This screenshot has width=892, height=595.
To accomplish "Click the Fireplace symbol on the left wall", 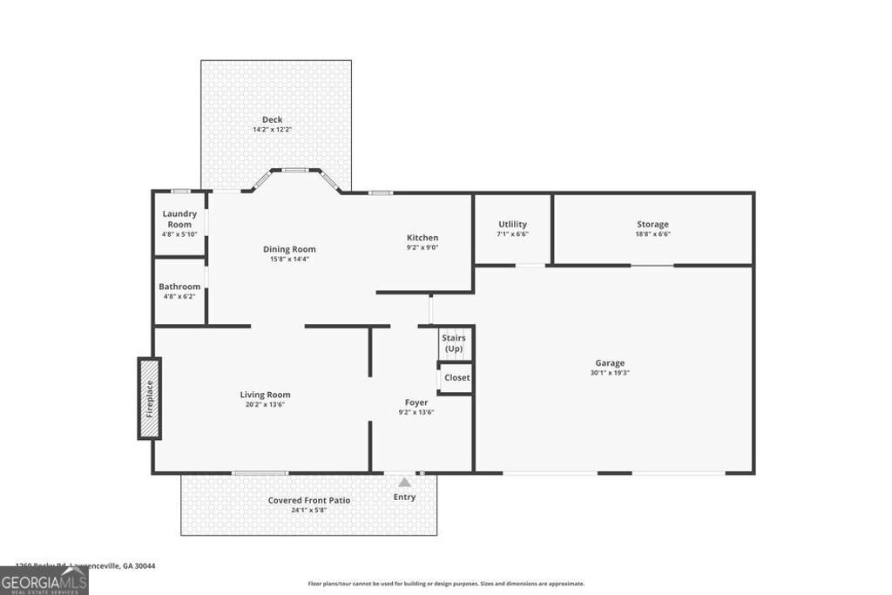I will (149, 398).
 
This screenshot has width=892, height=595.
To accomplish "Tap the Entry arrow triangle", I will (404, 482).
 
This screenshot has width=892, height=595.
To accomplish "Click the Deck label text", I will (273, 120).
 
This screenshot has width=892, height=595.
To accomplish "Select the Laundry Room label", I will (179, 219).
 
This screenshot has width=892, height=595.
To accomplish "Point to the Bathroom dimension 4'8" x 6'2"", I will (179, 296).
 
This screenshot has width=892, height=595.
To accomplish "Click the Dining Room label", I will (289, 249).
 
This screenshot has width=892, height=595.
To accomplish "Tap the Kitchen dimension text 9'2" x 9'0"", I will (422, 247).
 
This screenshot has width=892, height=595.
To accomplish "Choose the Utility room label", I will (512, 224).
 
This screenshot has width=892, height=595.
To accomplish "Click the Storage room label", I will (652, 224).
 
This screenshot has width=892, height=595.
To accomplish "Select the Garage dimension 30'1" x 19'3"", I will (610, 373).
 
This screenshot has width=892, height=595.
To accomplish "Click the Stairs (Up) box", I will (454, 343).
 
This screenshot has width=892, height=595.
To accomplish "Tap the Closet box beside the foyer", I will (456, 377).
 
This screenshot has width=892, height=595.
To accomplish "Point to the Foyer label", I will (416, 402).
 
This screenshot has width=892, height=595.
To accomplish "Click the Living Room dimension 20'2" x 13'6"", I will (265, 404).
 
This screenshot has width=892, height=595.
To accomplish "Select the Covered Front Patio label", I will (309, 500).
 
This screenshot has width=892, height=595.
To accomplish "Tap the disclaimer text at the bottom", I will (446, 584).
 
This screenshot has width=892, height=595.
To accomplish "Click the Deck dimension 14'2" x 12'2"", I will (273, 130).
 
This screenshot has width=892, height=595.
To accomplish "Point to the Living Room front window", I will (260, 473).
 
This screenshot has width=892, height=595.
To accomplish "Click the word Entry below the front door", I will (404, 497).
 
